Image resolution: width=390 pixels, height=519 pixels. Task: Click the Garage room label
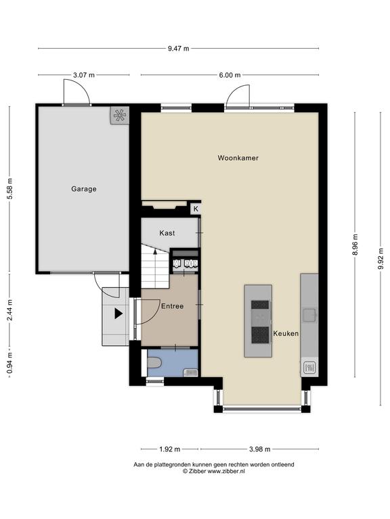(x=84, y=189)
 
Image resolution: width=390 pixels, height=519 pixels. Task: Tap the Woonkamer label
(x=238, y=158)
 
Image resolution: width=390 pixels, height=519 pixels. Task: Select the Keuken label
(x=286, y=334)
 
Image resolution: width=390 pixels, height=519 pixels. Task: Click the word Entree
(x=173, y=306)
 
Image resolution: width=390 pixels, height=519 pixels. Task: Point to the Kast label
(x=167, y=233)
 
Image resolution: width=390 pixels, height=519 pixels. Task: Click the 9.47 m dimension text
(x=179, y=49)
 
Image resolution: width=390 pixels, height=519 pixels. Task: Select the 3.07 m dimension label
(x=84, y=75)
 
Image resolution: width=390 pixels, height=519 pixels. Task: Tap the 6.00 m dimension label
(x=230, y=75)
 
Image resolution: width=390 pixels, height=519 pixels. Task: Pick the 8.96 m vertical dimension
(x=355, y=245)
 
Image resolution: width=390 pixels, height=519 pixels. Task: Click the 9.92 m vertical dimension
(x=381, y=259)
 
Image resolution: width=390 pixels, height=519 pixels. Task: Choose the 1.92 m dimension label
(x=170, y=449)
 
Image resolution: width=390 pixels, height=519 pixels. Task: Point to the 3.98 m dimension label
(x=260, y=449)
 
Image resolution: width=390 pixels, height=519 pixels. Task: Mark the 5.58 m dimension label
(x=10, y=189)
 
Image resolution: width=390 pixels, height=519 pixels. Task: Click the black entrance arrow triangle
(x=118, y=314)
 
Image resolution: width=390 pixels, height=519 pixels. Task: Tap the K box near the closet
(x=196, y=209)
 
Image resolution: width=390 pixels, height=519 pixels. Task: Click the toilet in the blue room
(x=154, y=363)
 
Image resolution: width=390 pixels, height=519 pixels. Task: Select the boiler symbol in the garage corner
(x=119, y=115)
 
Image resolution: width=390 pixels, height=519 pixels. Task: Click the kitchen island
(x=259, y=321)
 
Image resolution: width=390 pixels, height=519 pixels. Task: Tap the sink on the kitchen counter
(x=309, y=315)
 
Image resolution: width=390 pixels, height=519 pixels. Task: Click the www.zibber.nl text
(x=226, y=471)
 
